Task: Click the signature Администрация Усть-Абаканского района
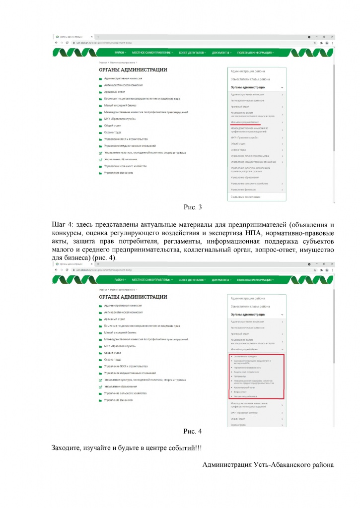coord(268,465)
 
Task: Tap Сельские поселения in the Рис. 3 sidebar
coord(246,197)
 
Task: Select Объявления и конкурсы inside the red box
coord(245,356)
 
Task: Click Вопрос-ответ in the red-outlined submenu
coord(241,392)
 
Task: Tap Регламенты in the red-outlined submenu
coord(240,376)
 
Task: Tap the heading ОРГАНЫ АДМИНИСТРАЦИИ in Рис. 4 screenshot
coord(133,297)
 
